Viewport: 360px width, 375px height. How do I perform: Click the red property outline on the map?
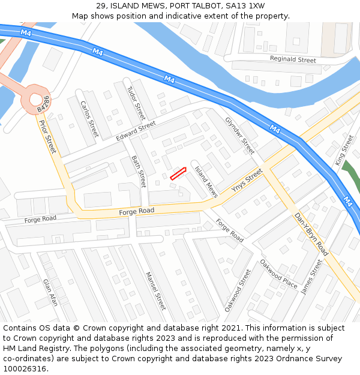pyautogui.click(x=178, y=174)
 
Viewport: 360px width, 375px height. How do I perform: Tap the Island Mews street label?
pyautogui.click(x=206, y=182)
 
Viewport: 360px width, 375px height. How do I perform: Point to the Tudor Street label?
pyautogui.click(x=136, y=102)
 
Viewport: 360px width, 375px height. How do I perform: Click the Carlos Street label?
pyautogui.click(x=89, y=118)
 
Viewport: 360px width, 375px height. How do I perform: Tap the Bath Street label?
pyautogui.click(x=139, y=171)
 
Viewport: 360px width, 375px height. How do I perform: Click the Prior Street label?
pyautogui.click(x=47, y=136)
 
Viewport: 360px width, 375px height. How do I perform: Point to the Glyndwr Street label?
pyautogui.click(x=240, y=136)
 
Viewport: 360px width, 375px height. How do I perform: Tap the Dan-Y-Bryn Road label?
pyautogui.click(x=311, y=233)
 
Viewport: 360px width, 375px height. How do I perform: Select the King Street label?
pyautogui.click(x=344, y=150)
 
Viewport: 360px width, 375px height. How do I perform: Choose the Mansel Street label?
pyautogui.click(x=155, y=291)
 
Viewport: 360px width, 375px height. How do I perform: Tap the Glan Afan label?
pyautogui.click(x=50, y=292)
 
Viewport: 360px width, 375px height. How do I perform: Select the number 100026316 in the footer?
pyautogui.click(x=25, y=368)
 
